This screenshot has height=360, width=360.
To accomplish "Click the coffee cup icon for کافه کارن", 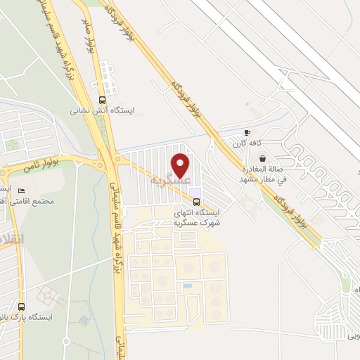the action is click(x=247, y=132).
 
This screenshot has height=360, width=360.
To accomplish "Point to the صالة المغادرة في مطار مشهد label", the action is click(x=263, y=174).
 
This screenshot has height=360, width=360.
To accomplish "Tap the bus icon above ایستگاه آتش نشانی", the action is click(x=103, y=99).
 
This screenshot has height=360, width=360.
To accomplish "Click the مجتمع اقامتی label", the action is click(x=43, y=201).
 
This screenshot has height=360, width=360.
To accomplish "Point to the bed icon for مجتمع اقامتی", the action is click(x=21, y=191).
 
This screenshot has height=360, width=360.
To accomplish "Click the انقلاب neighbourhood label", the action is click(x=13, y=239).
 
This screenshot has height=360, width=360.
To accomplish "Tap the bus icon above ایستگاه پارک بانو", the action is click(x=21, y=307).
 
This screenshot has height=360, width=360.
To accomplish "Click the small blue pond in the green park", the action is click(x=84, y=320).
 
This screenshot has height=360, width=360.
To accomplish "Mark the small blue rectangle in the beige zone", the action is click(x=187, y=286).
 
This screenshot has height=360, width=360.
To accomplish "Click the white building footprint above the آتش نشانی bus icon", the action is click(x=107, y=73).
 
